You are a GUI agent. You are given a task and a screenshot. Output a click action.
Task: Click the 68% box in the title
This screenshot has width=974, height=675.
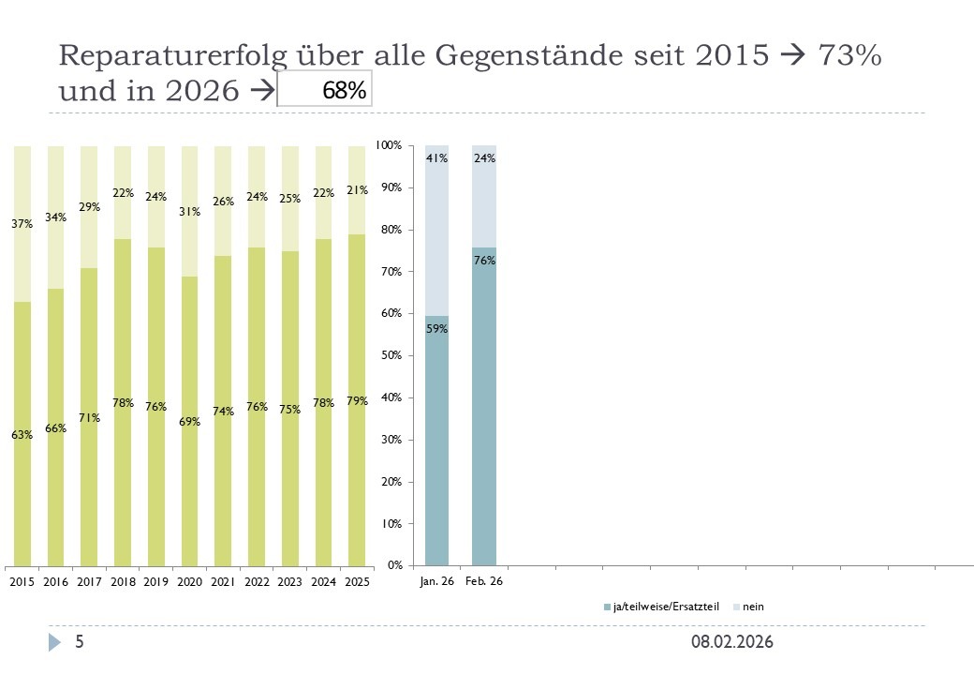click(x=325, y=91)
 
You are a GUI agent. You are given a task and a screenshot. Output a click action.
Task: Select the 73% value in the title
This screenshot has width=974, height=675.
click(x=849, y=55)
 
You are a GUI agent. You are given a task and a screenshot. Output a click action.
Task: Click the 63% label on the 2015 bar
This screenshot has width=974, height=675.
click(x=22, y=435)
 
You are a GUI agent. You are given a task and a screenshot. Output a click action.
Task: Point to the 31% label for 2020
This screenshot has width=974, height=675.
click(x=189, y=212)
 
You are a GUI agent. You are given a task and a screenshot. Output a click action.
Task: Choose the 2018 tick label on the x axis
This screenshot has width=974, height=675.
click(x=122, y=582)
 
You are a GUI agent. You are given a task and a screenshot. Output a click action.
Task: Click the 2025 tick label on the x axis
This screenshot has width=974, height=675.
click(x=356, y=582)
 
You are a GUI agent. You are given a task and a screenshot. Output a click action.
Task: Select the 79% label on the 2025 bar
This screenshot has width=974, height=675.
click(x=356, y=401)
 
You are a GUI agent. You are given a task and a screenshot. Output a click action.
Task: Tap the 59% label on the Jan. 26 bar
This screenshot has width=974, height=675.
click(x=436, y=329)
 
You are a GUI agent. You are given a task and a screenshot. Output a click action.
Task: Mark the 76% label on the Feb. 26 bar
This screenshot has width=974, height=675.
click(x=484, y=261)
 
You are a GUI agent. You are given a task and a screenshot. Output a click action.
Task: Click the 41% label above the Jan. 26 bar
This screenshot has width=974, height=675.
click(x=436, y=158)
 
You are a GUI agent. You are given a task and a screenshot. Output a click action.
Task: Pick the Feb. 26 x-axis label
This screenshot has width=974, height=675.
click(x=484, y=582)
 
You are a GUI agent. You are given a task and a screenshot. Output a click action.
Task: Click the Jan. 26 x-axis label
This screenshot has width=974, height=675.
click(x=436, y=582)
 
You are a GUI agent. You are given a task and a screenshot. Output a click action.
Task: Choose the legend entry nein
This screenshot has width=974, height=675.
click(x=753, y=607)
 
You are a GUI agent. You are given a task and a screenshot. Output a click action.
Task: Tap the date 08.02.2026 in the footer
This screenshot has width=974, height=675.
click(x=732, y=642)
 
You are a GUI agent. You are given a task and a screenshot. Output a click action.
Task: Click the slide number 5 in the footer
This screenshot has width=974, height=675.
click(x=80, y=642)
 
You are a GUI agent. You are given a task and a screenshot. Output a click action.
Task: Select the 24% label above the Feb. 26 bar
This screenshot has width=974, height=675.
click(x=484, y=158)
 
